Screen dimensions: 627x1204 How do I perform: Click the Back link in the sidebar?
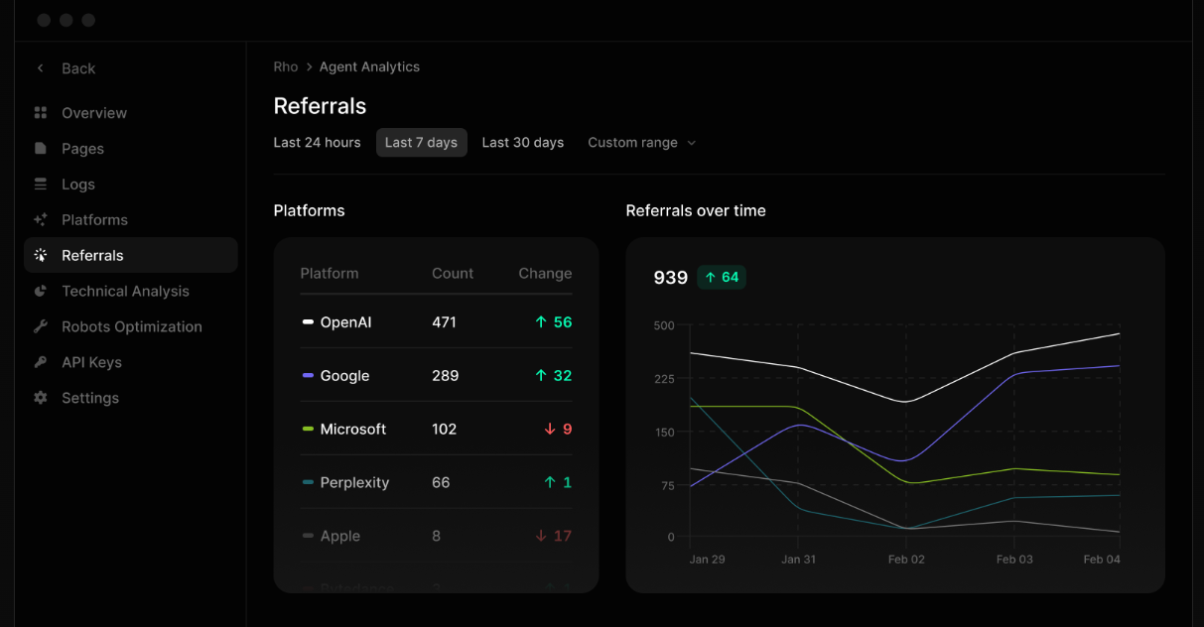pyautogui.click(x=77, y=68)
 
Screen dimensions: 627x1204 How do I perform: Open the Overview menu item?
pyautogui.click(x=93, y=113)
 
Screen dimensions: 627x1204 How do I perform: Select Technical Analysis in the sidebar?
pyautogui.click(x=125, y=291)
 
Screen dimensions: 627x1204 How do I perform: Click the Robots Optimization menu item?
pyautogui.click(x=131, y=326)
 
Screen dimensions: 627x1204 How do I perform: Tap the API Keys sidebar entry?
pyautogui.click(x=91, y=362)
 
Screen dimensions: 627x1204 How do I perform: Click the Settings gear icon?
pyautogui.click(x=41, y=398)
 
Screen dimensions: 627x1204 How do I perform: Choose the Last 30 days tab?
pyautogui.click(x=522, y=143)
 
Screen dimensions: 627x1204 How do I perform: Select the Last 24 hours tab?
pyautogui.click(x=317, y=143)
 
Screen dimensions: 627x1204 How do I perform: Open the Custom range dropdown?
pyautogui.click(x=641, y=143)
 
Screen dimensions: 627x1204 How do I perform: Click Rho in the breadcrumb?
pyautogui.click(x=285, y=66)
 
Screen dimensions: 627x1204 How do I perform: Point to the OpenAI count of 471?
pyautogui.click(x=444, y=322)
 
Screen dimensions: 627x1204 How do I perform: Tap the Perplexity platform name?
pyautogui.click(x=353, y=483)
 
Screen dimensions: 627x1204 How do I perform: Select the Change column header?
pyautogui.click(x=545, y=274)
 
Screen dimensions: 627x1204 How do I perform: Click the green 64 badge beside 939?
pyautogui.click(x=722, y=278)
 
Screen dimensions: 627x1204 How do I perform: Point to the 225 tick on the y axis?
pyautogui.click(x=663, y=379)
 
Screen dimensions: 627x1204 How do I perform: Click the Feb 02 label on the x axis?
pyautogui.click(x=905, y=560)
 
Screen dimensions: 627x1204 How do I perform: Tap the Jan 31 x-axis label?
pyautogui.click(x=798, y=560)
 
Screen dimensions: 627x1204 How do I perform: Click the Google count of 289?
pyautogui.click(x=445, y=376)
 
